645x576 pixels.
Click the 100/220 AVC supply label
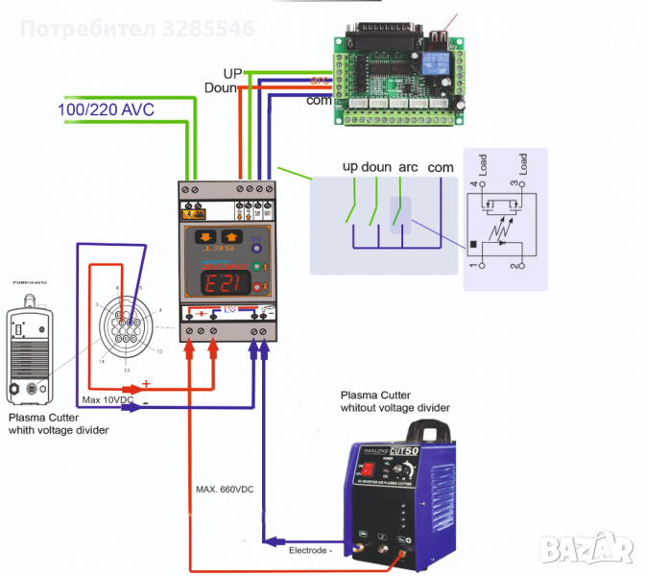(x=107, y=109)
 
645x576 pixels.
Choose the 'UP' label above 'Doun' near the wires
(x=232, y=73)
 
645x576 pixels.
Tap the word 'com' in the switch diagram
(x=441, y=166)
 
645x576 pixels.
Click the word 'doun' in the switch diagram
(x=377, y=166)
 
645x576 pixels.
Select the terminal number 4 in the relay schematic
(x=473, y=183)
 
